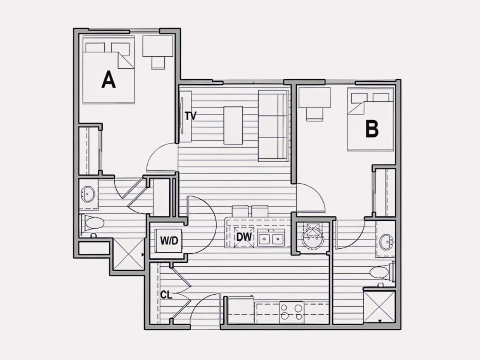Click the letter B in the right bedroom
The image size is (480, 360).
pos(372,129)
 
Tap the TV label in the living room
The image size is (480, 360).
pos(190,116)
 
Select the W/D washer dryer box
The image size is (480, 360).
pos(168,241)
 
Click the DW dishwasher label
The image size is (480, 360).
pos(244,237)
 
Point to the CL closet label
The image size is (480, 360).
pos(166,295)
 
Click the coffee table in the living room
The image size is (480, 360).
pos(233,126)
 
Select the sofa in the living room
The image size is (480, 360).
pos(273,126)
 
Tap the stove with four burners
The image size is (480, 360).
pos(292,312)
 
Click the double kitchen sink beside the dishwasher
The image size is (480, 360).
pos(271,238)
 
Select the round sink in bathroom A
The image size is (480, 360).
pos(88,194)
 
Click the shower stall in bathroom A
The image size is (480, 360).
pos(128,254)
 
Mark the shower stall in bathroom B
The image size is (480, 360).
pos(379,306)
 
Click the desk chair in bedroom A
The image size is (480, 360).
pos(158,62)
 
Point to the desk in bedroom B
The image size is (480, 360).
pos(314,97)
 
